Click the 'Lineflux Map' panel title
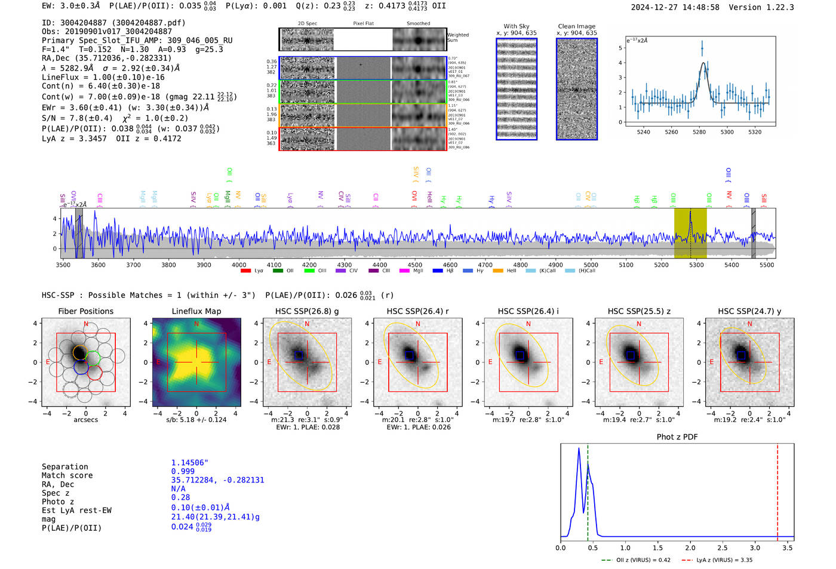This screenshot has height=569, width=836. (x=196, y=311)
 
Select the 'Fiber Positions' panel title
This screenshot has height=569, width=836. (x=85, y=311)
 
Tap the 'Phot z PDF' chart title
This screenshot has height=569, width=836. (x=677, y=437)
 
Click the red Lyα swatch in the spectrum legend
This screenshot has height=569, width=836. (x=245, y=271)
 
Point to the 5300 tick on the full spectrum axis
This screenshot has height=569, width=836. (x=696, y=264)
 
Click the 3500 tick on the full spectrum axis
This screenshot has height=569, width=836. (x=63, y=264)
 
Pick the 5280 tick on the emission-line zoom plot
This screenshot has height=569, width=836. (x=699, y=132)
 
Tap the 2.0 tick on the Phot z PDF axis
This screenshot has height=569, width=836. (x=690, y=548)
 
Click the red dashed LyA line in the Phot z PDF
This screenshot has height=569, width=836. (x=777, y=490)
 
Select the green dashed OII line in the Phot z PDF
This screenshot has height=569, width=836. (x=588, y=490)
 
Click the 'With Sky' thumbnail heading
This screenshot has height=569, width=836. (x=516, y=26)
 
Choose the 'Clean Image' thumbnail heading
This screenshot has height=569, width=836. (x=576, y=26)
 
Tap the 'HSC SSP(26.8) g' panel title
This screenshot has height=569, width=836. (x=307, y=311)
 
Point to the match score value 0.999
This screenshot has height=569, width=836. (x=183, y=472)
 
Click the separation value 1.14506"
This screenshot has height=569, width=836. (x=189, y=463)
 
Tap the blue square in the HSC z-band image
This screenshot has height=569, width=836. (x=630, y=355)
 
